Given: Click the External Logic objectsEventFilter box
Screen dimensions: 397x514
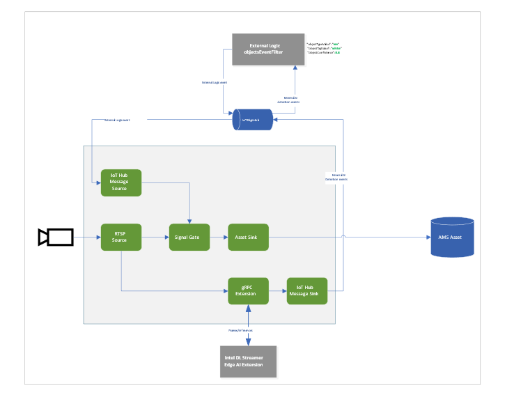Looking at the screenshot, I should [x=268, y=49].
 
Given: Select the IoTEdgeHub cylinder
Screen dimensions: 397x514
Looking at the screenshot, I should [x=253, y=120].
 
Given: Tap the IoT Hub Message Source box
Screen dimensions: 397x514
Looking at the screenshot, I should [x=121, y=183].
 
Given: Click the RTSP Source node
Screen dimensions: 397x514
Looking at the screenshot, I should [x=121, y=237].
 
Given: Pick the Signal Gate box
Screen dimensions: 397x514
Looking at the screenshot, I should [x=189, y=237].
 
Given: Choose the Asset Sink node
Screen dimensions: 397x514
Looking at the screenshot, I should [x=248, y=237].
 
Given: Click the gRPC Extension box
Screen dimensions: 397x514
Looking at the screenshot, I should [x=248, y=290].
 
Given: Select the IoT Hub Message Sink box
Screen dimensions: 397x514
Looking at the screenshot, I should [x=307, y=290].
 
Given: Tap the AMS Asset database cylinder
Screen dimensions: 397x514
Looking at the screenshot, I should [x=452, y=237].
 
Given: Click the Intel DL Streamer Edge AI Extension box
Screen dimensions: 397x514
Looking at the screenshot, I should [x=248, y=361].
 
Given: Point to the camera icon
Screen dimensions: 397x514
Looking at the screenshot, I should [x=56, y=237].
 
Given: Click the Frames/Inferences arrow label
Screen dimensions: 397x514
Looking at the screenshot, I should [x=241, y=330].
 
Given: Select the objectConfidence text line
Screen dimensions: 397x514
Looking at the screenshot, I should [x=324, y=52].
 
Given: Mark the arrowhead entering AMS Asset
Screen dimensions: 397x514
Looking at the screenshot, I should [x=428, y=237].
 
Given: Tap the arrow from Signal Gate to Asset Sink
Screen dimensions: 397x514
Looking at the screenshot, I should [x=219, y=237].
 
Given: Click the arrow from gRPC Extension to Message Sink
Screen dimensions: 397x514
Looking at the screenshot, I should [x=277, y=290].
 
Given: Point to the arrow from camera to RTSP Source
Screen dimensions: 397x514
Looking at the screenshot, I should [x=87, y=237].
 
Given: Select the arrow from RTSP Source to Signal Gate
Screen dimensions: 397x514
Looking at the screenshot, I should [x=155, y=237].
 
